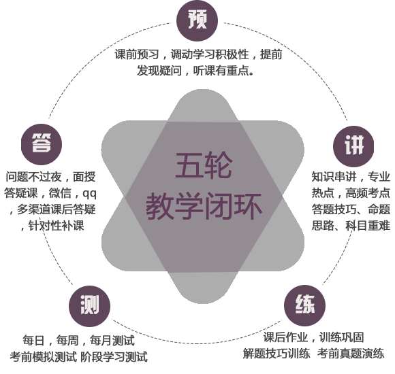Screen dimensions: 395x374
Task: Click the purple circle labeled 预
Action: (x=197, y=20)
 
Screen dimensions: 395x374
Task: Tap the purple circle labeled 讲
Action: (x=353, y=146)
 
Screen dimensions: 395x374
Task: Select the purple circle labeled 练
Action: (x=304, y=305)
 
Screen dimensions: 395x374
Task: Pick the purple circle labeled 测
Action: (x=89, y=306)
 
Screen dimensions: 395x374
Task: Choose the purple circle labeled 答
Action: (x=42, y=144)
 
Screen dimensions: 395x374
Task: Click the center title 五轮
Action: (x=204, y=166)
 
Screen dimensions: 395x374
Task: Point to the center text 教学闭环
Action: (x=204, y=207)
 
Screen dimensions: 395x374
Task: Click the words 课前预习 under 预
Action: (x=137, y=54)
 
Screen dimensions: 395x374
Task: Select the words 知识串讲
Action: (x=334, y=177)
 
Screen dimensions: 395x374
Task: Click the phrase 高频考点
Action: (x=367, y=193)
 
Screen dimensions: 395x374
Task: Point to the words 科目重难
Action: (x=367, y=225)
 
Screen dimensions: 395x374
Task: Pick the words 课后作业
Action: (x=285, y=337)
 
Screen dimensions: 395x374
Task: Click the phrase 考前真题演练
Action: (x=351, y=354)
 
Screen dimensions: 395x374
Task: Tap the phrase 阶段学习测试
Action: (x=114, y=357)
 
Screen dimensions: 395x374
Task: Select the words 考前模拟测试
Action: (x=43, y=357)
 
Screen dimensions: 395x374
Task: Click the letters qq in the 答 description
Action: (x=89, y=193)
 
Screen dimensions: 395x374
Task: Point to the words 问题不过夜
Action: (x=34, y=177)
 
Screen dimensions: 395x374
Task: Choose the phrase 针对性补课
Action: (x=56, y=226)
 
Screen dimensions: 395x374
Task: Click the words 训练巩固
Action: (x=342, y=337)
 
